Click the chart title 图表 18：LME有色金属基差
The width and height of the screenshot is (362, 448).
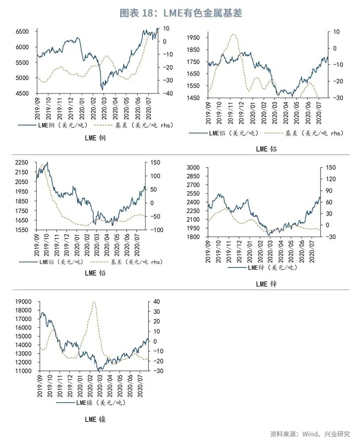(x=181, y=13)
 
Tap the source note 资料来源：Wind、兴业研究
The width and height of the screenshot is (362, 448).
(x=310, y=434)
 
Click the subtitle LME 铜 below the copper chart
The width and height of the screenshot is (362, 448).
(x=95, y=138)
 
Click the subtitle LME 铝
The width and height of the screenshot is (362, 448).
(x=266, y=149)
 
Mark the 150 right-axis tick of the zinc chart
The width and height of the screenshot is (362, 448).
(x=331, y=167)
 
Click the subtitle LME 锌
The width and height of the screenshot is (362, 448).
(x=266, y=284)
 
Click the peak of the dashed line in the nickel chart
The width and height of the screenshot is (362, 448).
(x=94, y=301)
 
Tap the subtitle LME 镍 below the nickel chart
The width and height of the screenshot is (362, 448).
(x=95, y=419)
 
